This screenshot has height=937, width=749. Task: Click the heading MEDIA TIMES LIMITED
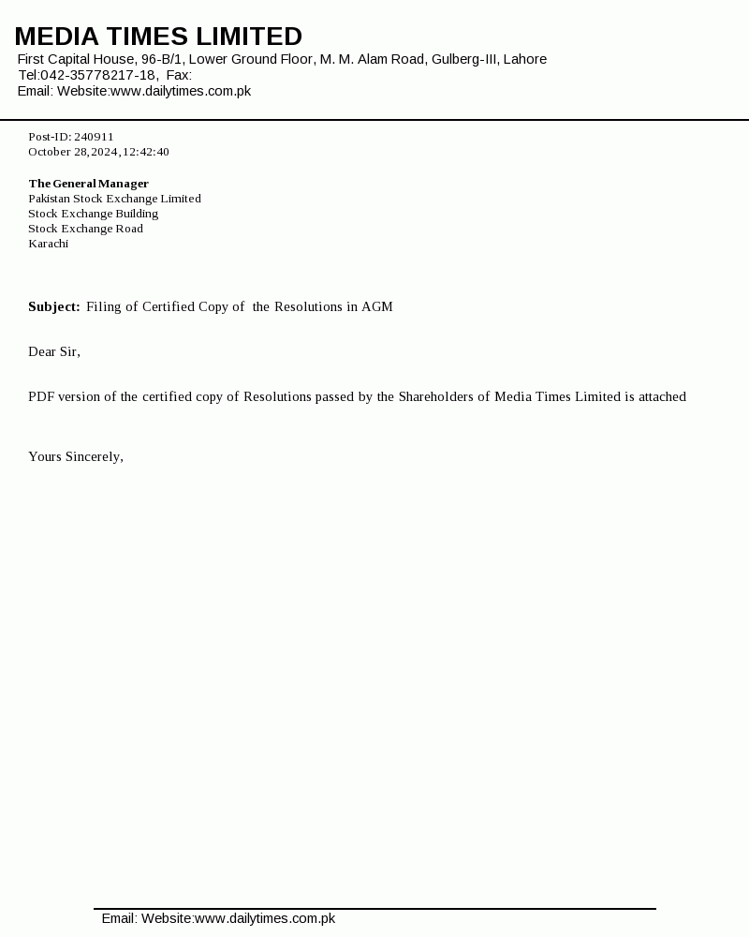pos(158,37)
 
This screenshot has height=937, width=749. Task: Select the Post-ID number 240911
pos(94,137)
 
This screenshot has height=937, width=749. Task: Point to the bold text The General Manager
pos(88,184)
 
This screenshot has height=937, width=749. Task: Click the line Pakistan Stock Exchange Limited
pos(114,199)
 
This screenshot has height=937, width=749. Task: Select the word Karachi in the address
pos(48,244)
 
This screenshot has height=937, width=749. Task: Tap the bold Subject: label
pos(54,306)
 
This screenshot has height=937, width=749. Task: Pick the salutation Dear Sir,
pos(54,351)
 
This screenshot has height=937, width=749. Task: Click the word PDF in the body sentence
pos(41,396)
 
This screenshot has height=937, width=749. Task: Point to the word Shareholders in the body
pos(435,396)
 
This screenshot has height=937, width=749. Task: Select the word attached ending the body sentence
pos(662,396)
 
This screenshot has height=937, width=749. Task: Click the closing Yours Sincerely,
pos(76,456)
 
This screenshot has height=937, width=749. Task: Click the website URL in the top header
pos(181,91)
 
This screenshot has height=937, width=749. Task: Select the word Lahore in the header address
pos(524,59)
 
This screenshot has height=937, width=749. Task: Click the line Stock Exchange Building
pos(93,214)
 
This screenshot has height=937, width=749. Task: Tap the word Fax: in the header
pos(179,75)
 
